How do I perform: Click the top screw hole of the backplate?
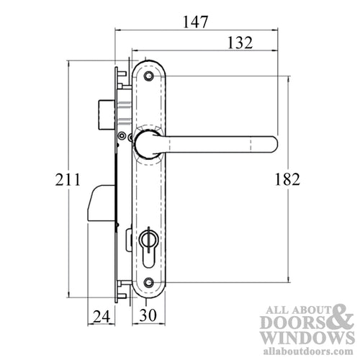(x=149, y=76)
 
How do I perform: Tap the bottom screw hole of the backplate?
(x=149, y=283)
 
